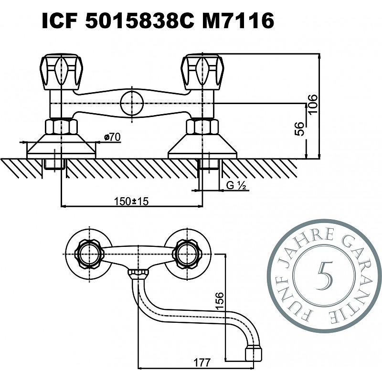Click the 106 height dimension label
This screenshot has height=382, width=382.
coord(313,104)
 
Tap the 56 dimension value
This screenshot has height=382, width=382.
coord(299,129)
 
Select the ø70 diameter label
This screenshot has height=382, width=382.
coord(112,137)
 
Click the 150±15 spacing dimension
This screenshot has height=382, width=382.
coord(131,201)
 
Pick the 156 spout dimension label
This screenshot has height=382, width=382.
coord(220,301)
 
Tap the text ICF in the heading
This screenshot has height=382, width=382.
coord(60,21)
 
